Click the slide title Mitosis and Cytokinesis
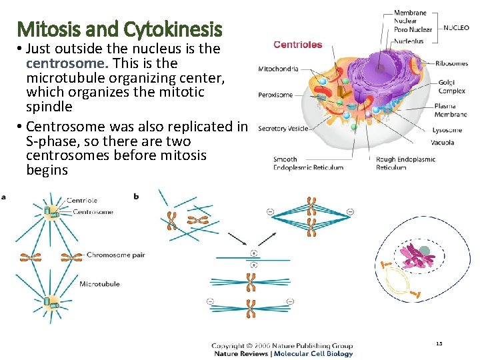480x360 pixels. coord(120,29)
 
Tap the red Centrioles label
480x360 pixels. coord(297,45)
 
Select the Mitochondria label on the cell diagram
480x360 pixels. coord(278,69)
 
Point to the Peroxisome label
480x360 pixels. coord(275,95)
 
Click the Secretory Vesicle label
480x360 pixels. coord(283,128)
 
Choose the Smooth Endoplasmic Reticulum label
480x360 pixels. coord(308,163)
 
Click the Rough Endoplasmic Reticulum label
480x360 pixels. coord(405,163)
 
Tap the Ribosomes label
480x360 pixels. coord(451,63)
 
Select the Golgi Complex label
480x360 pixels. coord(451,86)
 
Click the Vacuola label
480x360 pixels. coord(443,142)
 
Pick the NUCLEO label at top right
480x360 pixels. coord(456,29)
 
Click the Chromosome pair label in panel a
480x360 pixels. coord(115,255)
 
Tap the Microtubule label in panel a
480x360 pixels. coord(99,284)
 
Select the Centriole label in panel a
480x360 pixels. coord(81,200)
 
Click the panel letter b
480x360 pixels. coord(137,197)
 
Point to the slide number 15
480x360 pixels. coord(439,343)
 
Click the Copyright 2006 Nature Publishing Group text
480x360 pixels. coord(282,345)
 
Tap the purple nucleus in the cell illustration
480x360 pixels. coord(377,67)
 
